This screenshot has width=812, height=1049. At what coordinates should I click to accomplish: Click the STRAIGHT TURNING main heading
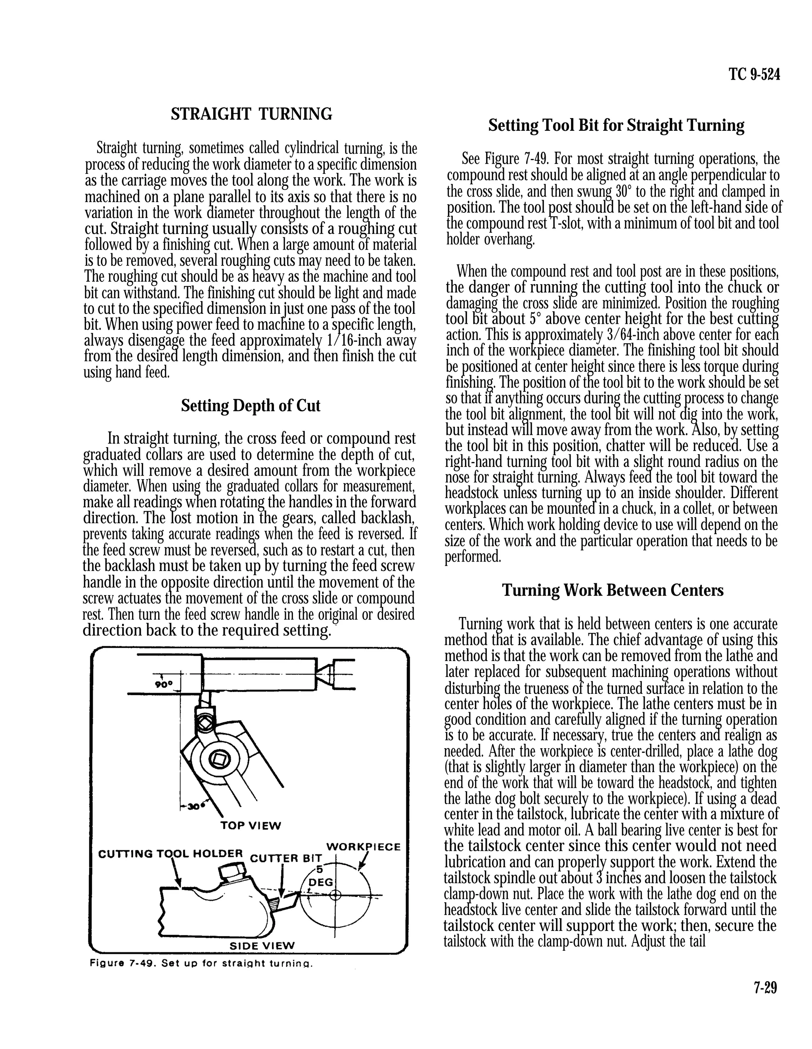251,114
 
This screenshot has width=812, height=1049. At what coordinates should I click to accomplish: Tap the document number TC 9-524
754,75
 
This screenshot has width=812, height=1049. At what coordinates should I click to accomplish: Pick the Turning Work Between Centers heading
613,590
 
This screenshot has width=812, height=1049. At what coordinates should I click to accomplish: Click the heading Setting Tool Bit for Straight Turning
616,125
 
